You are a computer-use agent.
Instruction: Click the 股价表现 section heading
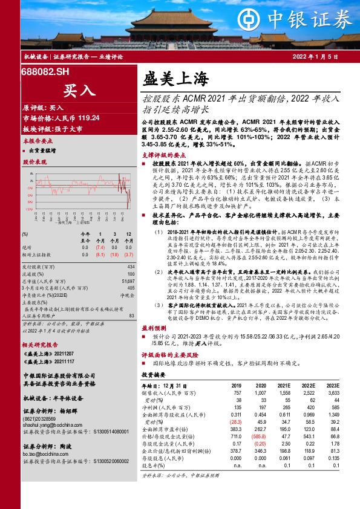click(34, 162)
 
